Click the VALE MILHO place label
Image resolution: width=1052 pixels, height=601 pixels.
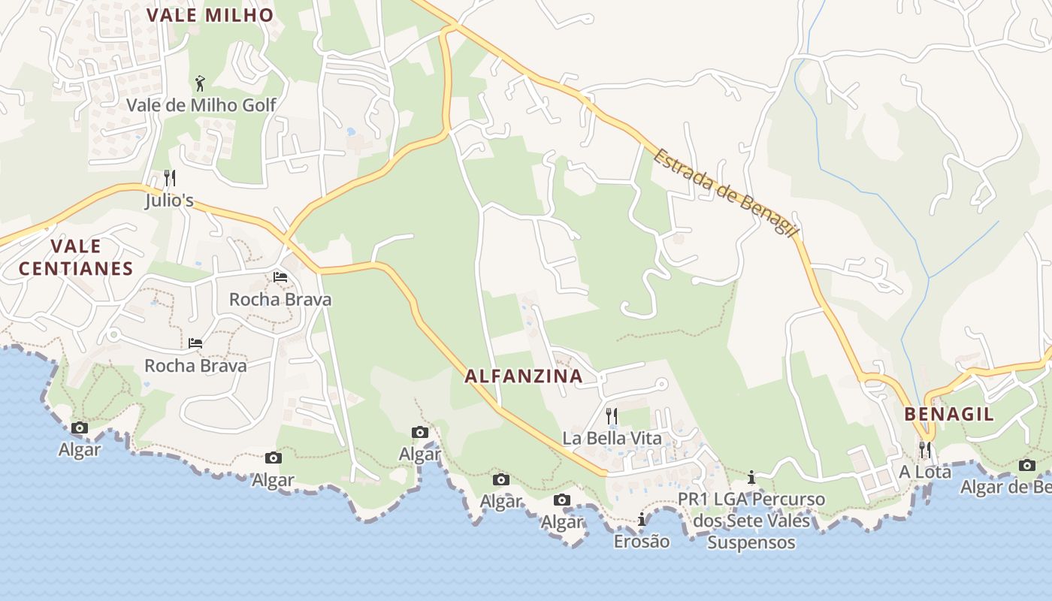[210, 15]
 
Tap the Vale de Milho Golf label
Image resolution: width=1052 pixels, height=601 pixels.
[201, 105]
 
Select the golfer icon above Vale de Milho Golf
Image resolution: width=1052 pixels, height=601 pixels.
[200, 83]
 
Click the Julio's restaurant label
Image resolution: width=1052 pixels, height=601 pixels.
[169, 201]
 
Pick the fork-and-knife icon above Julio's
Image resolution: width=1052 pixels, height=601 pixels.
[170, 178]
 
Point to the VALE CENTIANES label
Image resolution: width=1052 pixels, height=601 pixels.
[76, 257]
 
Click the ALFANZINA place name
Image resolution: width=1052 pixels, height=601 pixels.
[524, 376]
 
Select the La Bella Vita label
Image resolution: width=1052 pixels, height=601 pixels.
[612, 438]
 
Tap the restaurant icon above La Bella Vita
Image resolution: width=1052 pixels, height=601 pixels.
[612, 415]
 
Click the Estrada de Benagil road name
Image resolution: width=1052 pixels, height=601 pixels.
[724, 192]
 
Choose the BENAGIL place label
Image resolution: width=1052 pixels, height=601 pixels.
[949, 414]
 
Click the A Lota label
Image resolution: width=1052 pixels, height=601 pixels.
[925, 472]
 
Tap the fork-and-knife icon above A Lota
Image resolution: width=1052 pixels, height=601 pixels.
[925, 449]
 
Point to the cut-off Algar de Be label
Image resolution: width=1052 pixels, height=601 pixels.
[1005, 487]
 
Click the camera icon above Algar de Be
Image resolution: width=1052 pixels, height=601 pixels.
[1027, 465]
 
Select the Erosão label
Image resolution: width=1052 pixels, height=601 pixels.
[641, 541]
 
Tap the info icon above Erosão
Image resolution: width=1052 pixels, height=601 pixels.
[641, 519]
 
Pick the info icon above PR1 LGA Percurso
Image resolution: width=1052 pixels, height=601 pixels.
[751, 478]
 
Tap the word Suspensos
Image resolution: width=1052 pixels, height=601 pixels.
[751, 542]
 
